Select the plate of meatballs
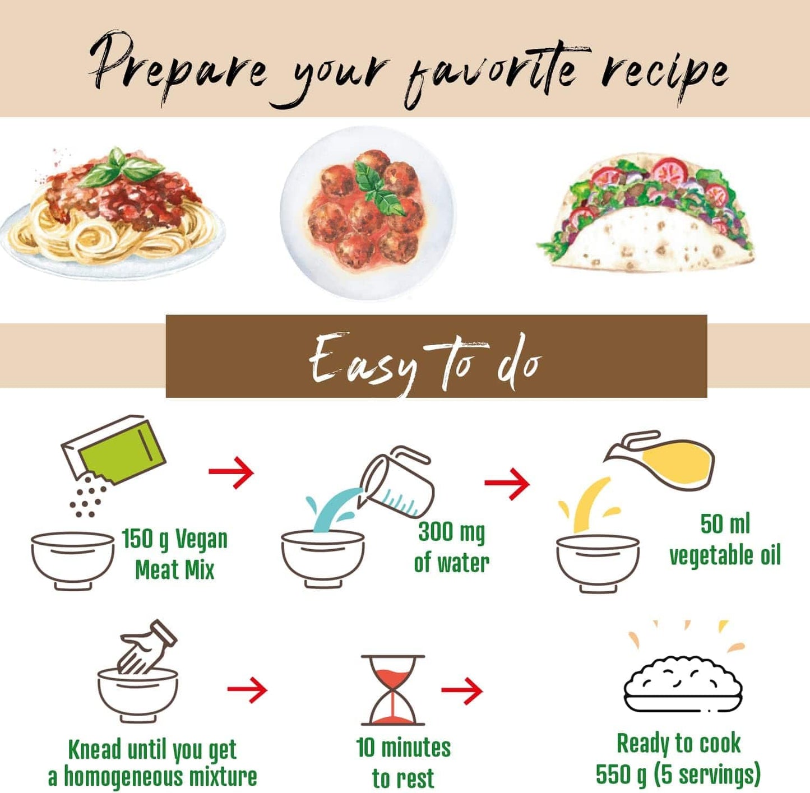pyautogui.click(x=367, y=212)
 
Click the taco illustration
pyautogui.click(x=646, y=213)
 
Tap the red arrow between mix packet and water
pyautogui.click(x=232, y=472)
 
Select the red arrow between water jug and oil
pyautogui.click(x=507, y=483)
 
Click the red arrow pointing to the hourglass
pyautogui.click(x=247, y=690)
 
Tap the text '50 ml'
pyautogui.click(x=725, y=524)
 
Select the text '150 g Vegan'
pyautogui.click(x=174, y=539)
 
